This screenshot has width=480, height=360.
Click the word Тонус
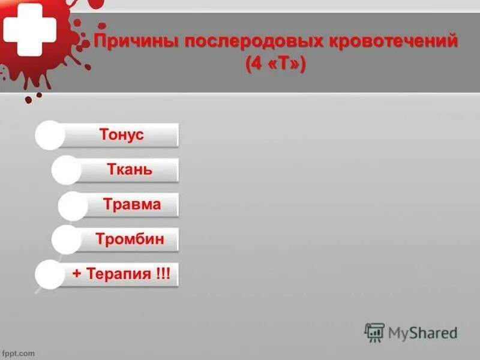point(122,134)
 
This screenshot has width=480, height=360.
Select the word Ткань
point(129,169)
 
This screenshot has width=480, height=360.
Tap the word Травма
point(132,204)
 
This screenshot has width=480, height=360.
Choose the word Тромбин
point(130,240)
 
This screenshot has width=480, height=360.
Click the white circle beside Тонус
point(49,135)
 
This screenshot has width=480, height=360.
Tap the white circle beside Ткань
point(66,170)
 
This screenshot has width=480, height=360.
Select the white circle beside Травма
point(73,205)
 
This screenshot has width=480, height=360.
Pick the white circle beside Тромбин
point(66,240)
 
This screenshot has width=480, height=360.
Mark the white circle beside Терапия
point(49,275)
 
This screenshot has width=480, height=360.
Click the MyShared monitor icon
point(374,332)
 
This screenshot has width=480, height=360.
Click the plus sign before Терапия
point(77,274)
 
